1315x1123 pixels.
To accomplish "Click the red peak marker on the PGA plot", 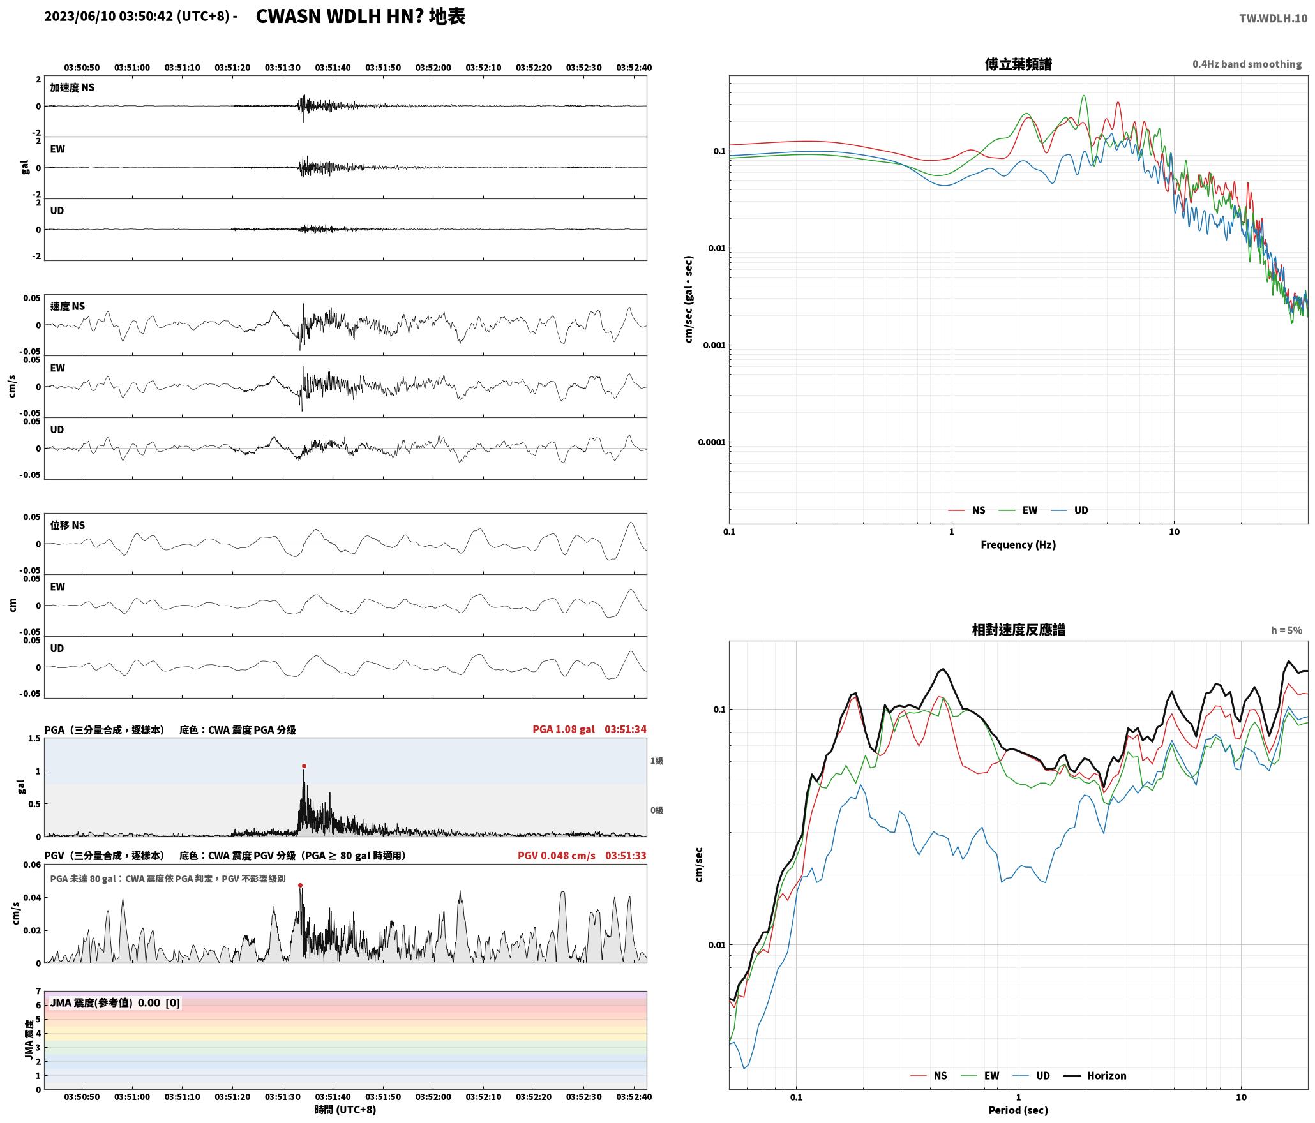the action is point(304,766).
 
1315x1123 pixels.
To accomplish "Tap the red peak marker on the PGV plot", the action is point(300,885).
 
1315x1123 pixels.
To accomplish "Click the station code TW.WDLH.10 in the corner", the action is point(1273,19).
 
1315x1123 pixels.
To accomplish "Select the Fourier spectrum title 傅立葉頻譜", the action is point(1018,64).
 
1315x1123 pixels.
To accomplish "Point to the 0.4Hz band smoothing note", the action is point(1247,64).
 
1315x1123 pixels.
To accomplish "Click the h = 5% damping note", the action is point(1286,630).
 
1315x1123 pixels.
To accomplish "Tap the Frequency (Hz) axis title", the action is point(1018,545).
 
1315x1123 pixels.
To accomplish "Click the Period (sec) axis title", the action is point(1018,1110).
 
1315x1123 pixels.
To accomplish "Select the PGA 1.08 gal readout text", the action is point(564,729).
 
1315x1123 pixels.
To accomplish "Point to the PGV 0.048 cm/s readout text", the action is point(557,856).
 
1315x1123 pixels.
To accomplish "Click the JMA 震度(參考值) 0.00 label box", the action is point(115,1003).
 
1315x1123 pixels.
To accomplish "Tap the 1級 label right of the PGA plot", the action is point(657,761).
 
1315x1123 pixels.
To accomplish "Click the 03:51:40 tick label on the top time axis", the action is point(333,68).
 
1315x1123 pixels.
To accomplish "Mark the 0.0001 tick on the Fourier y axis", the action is point(712,442).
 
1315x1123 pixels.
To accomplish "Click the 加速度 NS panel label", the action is point(72,87).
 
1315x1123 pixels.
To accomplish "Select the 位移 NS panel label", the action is point(67,525).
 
